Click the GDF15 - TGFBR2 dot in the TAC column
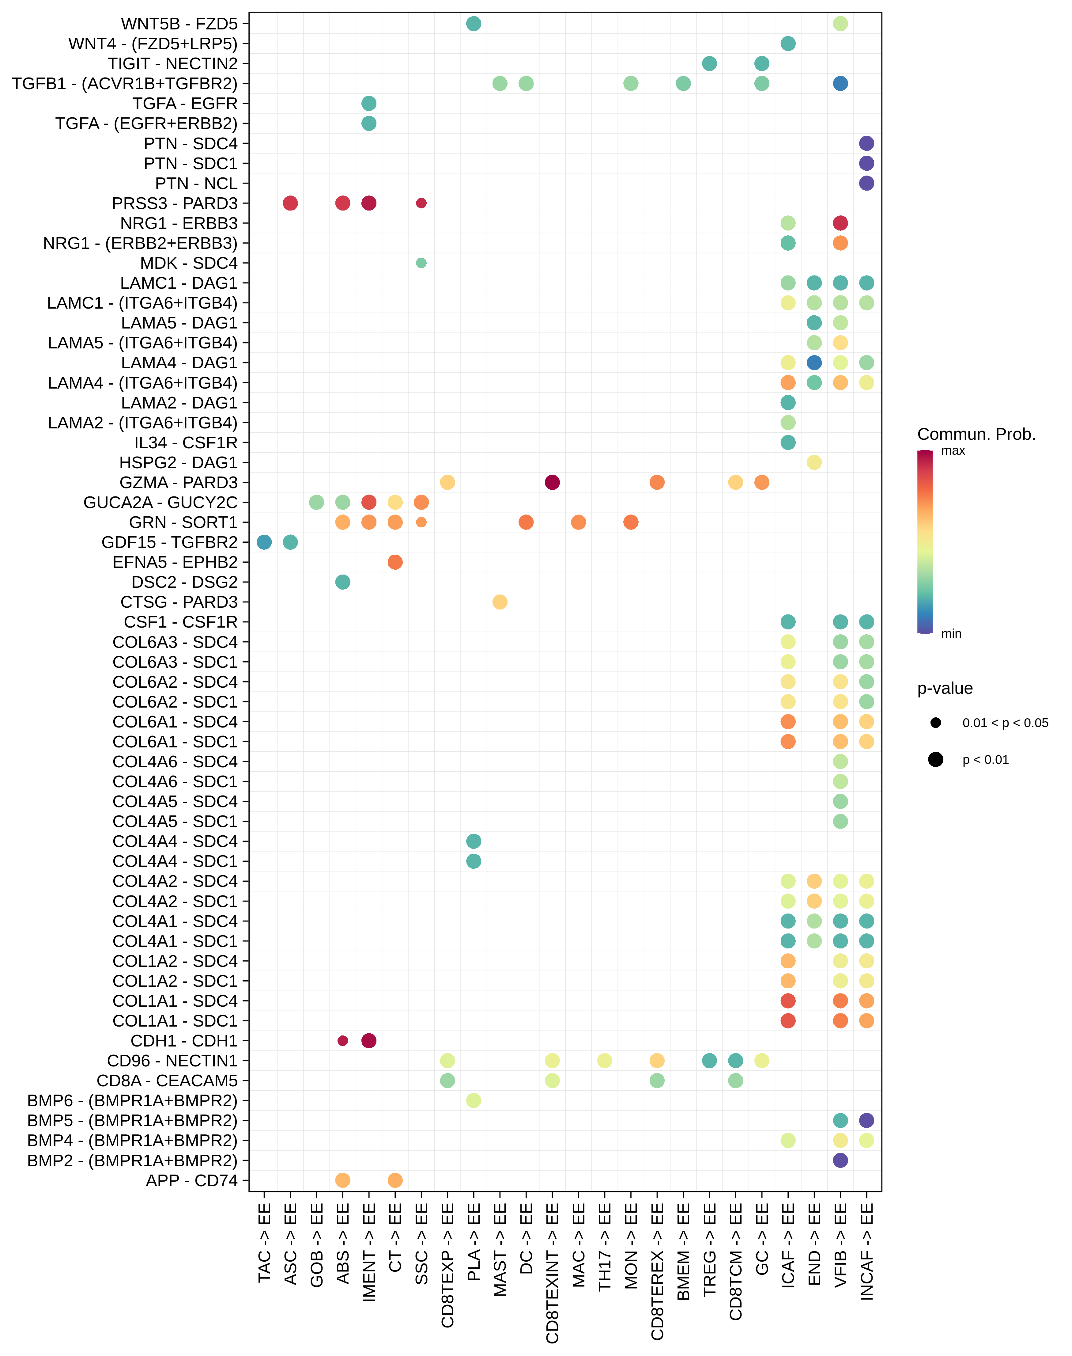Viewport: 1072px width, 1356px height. pos(264,542)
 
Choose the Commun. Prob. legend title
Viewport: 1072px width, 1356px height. pos(976,435)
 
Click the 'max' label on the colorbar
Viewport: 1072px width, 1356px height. pos(953,451)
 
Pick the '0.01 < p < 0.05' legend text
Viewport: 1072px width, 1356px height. pos(1005,723)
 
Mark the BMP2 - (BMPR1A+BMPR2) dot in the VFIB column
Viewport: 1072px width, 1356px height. pos(840,1160)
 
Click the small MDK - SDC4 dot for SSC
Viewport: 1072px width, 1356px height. pos(421,263)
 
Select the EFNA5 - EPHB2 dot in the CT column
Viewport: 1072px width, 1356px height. pos(395,562)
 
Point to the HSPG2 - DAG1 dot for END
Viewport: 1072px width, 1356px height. pos(814,463)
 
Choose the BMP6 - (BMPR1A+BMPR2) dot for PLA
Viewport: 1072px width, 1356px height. pos(474,1100)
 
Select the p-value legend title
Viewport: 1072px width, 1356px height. pos(945,689)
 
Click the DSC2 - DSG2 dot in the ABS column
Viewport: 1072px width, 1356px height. pos(343,582)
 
